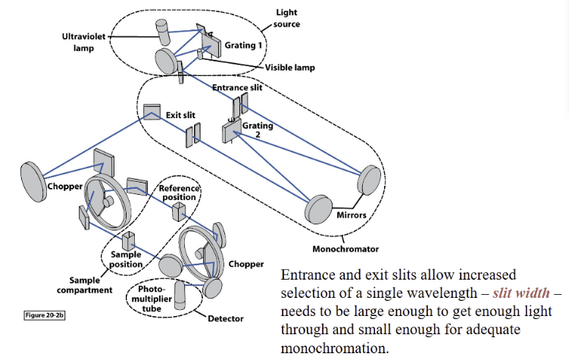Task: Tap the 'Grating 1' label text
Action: click(x=244, y=45)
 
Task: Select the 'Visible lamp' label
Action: click(x=289, y=67)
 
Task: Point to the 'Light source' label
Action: click(x=286, y=19)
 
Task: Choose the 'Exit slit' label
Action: click(x=180, y=115)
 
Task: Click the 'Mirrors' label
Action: click(x=349, y=215)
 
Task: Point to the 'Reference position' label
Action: click(x=178, y=193)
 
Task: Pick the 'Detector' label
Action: click(x=226, y=318)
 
